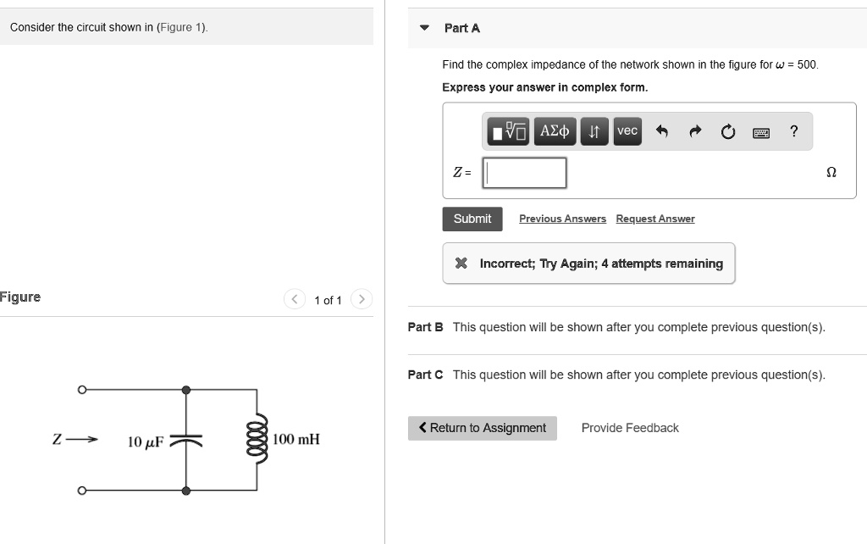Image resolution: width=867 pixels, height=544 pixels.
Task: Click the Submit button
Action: (472, 219)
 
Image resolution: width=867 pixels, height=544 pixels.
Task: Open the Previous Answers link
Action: (562, 219)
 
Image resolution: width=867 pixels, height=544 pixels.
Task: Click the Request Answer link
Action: (654, 219)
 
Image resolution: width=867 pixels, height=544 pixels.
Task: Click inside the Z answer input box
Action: (524, 173)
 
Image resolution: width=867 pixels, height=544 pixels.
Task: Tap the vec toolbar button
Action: (627, 130)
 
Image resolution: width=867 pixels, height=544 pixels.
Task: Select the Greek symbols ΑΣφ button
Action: (555, 130)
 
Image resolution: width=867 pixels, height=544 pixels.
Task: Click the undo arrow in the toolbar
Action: (662, 131)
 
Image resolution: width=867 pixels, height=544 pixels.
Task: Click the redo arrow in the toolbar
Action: (695, 131)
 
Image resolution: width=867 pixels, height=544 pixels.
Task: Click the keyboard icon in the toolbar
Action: (760, 131)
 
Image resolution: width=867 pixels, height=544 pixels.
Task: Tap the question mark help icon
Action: (793, 130)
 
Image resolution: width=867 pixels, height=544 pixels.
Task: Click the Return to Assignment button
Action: (482, 428)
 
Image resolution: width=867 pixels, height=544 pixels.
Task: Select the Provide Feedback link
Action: (630, 428)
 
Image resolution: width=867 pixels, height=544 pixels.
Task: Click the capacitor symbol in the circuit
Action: (185, 440)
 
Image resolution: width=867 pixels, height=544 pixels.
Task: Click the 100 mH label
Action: (296, 439)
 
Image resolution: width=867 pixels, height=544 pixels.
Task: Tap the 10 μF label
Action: (145, 441)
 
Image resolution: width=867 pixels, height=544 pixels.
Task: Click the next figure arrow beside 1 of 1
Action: (362, 299)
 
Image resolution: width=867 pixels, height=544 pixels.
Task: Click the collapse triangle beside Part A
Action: (424, 28)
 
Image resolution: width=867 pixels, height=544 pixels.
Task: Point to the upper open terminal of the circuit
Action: (82, 390)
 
